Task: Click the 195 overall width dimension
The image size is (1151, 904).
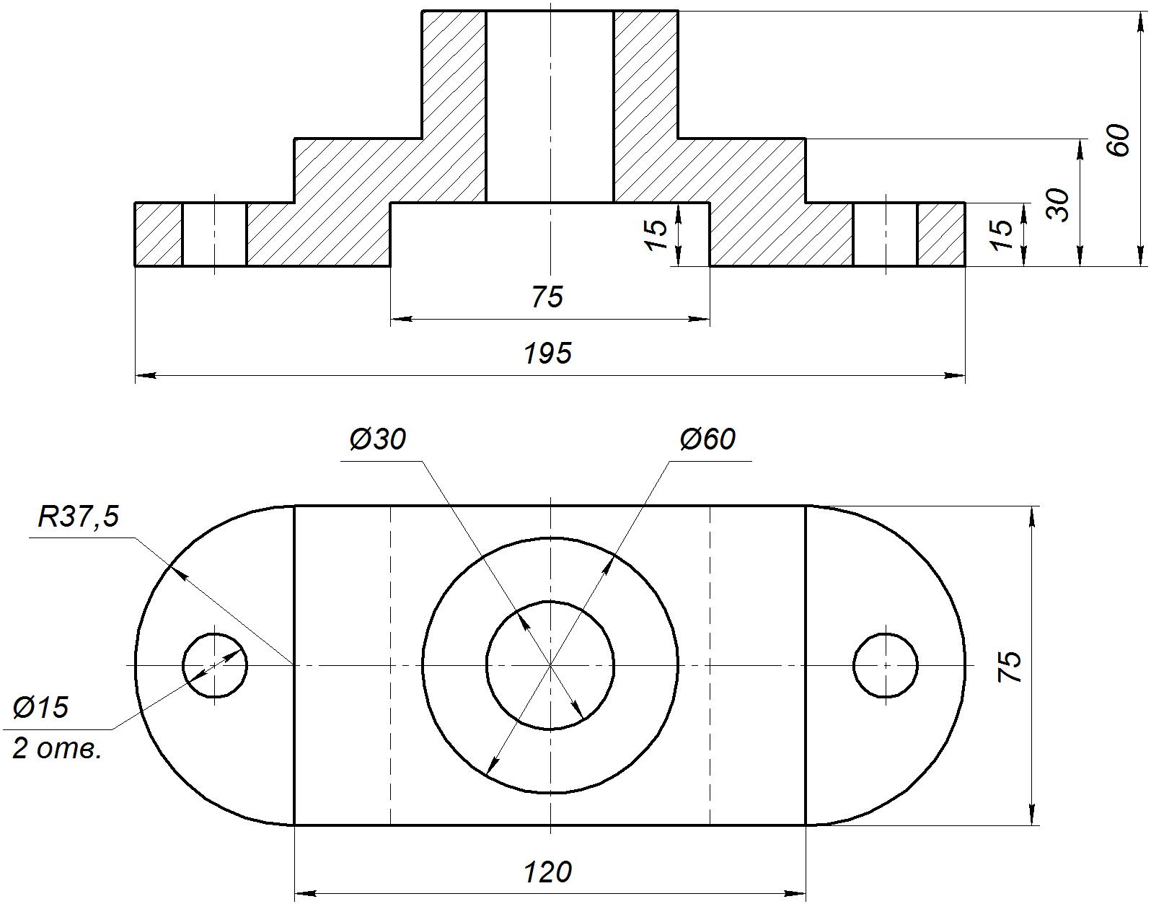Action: pos(547,354)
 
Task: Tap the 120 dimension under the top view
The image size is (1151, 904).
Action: pos(547,872)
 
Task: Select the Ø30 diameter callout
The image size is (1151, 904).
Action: pos(378,439)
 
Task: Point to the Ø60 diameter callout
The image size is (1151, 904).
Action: pos(707,439)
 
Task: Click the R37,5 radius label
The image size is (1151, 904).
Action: pos(79,517)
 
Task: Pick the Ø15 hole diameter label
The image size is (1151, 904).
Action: pos(41,708)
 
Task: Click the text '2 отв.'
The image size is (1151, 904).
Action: pos(57,750)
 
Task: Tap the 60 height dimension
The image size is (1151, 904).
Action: pos(1118,140)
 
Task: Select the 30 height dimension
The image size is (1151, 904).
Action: pos(1058,205)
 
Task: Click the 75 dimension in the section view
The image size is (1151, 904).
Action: pos(547,297)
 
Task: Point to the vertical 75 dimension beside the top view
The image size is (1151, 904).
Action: pos(1008,666)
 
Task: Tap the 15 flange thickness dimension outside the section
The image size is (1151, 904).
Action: pos(1000,234)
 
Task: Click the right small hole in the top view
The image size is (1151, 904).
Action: pos(885,665)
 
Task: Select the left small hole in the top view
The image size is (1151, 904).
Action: pos(214,665)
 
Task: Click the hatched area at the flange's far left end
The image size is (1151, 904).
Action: pos(159,234)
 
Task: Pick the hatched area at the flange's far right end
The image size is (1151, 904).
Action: pos(941,234)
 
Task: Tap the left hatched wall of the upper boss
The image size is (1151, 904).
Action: pos(454,106)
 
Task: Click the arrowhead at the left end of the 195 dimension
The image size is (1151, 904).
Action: pos(145,376)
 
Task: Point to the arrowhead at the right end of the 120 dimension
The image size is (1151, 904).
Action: pos(795,893)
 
